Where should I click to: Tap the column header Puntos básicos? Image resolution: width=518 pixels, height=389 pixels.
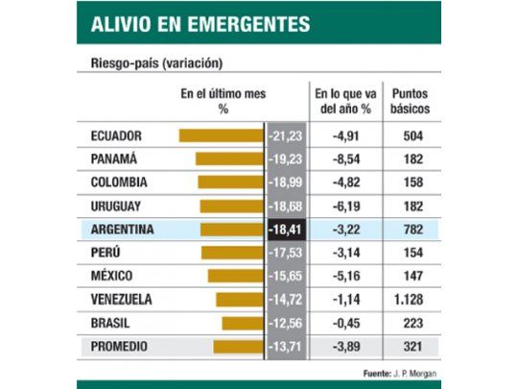[411, 101]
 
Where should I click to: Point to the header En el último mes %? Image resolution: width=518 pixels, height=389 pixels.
[223, 101]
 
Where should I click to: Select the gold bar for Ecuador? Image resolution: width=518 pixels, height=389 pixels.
[221, 135]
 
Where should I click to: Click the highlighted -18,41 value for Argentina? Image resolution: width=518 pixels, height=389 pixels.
[286, 230]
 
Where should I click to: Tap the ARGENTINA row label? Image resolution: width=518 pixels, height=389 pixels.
[122, 230]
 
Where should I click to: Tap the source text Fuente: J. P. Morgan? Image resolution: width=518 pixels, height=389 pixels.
[393, 368]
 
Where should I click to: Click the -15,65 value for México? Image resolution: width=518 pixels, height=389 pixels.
[286, 276]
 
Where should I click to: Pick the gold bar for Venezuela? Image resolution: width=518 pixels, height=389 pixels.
[239, 299]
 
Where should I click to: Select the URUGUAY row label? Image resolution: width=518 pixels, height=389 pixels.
[116, 206]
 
